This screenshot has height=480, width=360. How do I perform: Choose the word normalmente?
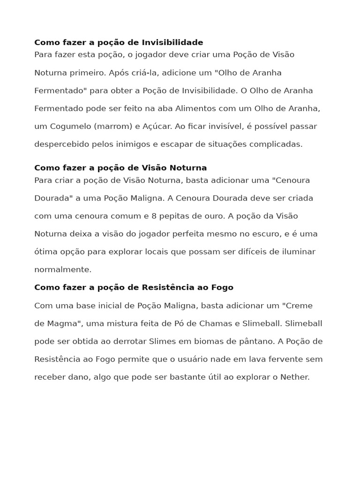63,270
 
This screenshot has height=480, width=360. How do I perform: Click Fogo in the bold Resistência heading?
222,287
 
